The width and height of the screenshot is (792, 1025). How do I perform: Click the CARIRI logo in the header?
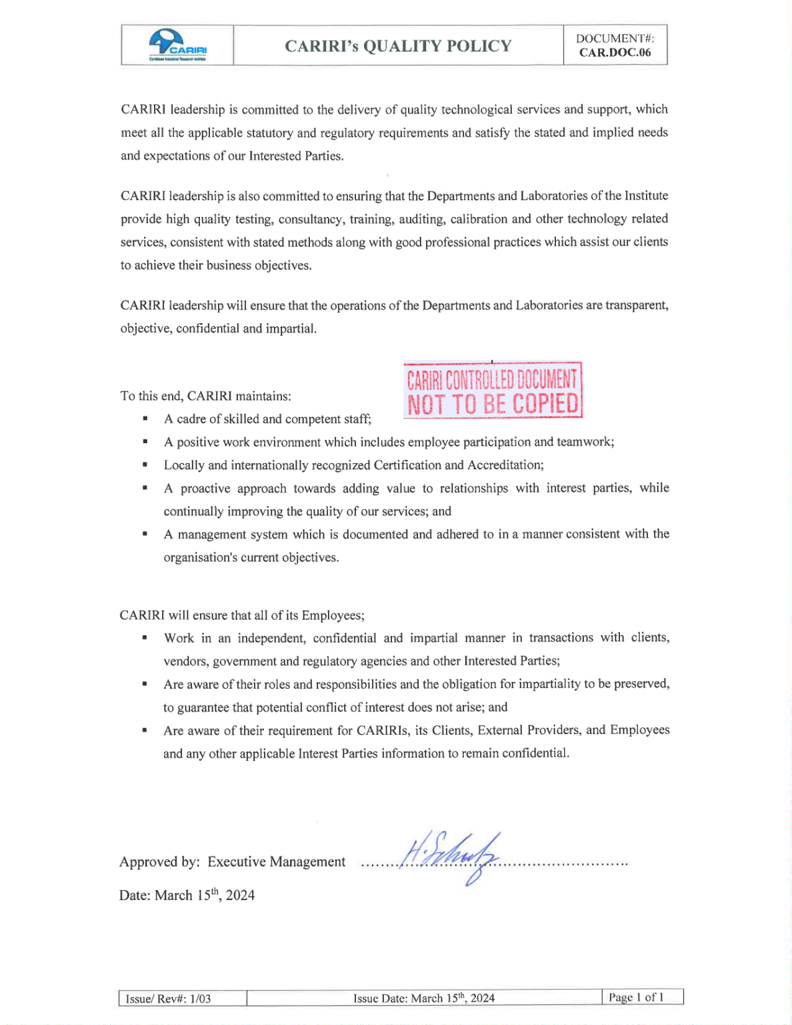click(x=177, y=45)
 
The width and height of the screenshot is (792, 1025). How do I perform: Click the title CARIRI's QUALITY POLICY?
click(x=398, y=46)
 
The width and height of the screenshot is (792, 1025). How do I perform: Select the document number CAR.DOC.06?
click(x=615, y=53)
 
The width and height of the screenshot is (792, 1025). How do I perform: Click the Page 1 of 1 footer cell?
click(x=636, y=997)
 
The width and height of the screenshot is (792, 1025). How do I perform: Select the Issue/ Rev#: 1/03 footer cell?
click(x=169, y=998)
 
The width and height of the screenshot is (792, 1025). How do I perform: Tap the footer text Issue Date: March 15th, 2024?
click(x=424, y=998)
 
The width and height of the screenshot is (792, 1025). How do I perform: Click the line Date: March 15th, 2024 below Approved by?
click(x=187, y=895)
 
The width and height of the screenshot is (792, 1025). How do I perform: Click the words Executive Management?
click(x=276, y=862)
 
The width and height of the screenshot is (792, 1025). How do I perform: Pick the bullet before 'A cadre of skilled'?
click(x=145, y=419)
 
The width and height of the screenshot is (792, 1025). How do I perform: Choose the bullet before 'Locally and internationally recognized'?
click(x=145, y=465)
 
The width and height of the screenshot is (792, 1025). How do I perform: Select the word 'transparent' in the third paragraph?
click(x=635, y=306)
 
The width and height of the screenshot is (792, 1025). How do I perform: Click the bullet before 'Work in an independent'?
click(x=145, y=638)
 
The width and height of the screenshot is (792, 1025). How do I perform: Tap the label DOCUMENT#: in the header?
click(x=615, y=39)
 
